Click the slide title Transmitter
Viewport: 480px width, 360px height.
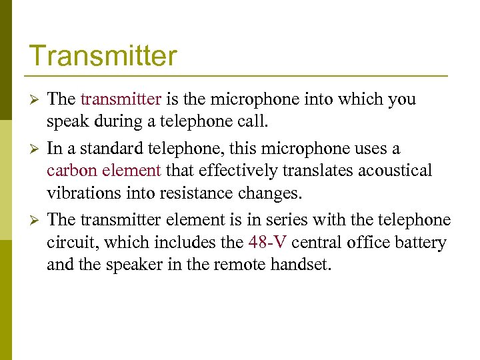click(x=103, y=55)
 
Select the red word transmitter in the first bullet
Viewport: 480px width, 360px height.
click(x=121, y=99)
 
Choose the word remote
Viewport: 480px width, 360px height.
click(x=243, y=265)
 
